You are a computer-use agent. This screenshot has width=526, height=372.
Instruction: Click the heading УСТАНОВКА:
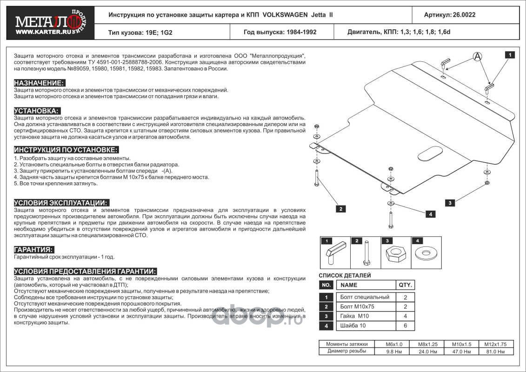tap(37, 111)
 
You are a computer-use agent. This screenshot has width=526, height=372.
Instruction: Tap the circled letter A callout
tap(478, 57)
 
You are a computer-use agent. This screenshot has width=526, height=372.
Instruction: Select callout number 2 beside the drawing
tap(340, 209)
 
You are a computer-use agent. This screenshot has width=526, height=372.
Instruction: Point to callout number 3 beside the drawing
tap(450, 202)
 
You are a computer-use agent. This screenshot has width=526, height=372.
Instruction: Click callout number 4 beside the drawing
tap(431, 213)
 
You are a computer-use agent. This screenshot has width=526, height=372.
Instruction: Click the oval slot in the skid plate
tap(431, 154)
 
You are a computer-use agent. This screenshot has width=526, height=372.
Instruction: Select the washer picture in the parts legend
tap(424, 254)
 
